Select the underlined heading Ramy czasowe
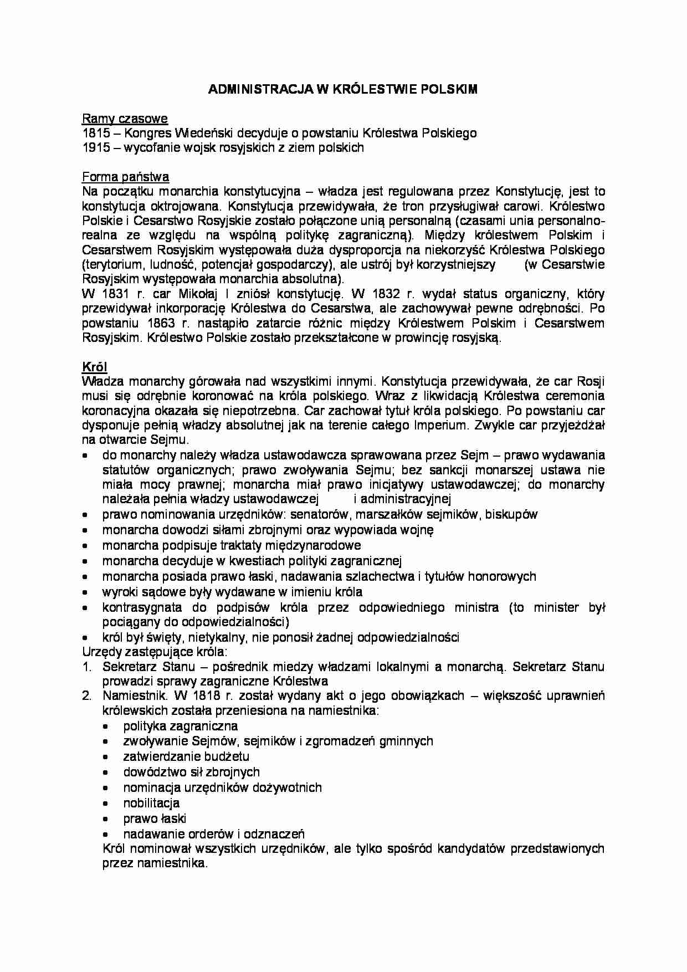125,119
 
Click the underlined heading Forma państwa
125,177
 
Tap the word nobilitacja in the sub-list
151,803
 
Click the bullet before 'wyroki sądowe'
85,592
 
